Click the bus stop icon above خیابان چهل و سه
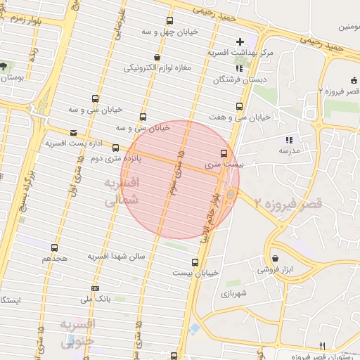169,21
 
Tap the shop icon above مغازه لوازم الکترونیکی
156,57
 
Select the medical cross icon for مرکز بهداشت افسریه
240,42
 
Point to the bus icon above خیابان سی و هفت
240,107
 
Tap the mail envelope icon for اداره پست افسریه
74,132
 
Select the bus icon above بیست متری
224,153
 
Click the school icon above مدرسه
288,140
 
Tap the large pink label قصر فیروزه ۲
288,204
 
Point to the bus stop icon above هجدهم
55,247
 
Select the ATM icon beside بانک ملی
96,288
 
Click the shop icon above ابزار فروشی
274,258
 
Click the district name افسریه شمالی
122,191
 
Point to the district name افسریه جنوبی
77,333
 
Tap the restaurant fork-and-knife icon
322,345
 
